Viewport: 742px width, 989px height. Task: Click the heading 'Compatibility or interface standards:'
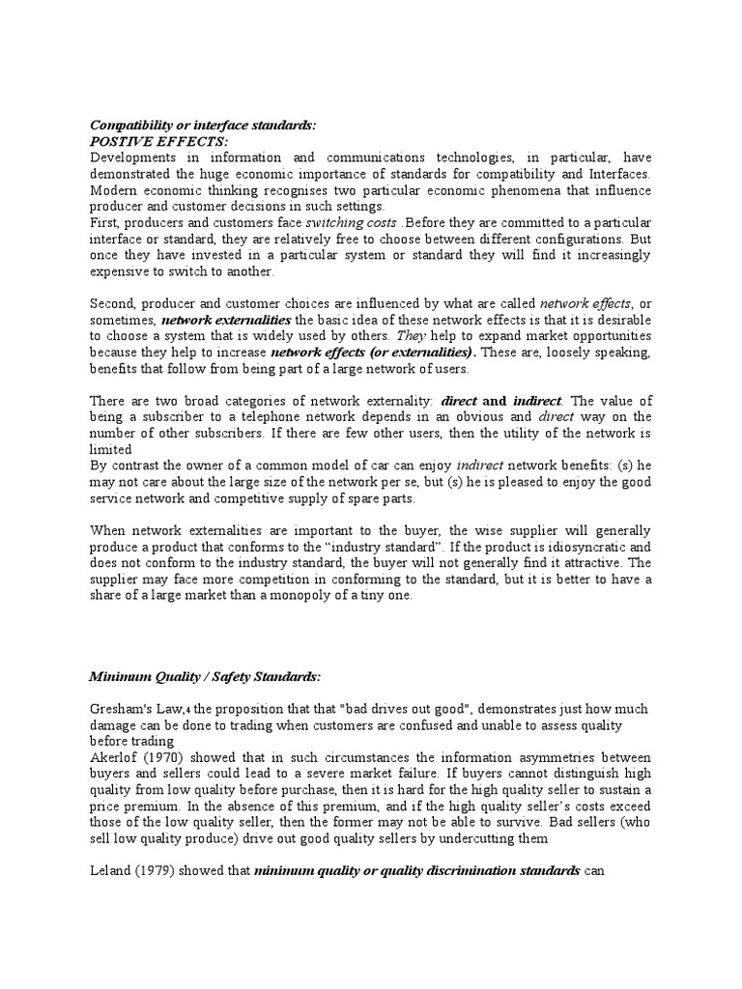click(x=202, y=126)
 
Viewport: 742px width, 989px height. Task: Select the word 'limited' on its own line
click(x=110, y=450)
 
